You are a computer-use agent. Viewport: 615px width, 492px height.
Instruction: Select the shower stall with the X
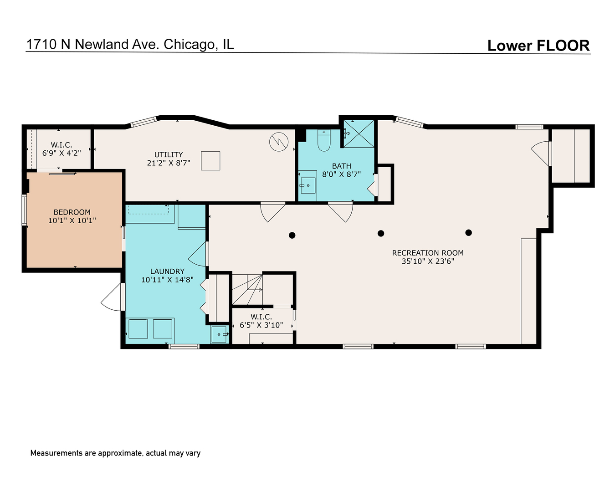[359, 134]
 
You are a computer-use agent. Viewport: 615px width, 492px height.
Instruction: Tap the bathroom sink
[308, 185]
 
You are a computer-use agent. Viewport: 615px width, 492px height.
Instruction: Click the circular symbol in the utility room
[279, 142]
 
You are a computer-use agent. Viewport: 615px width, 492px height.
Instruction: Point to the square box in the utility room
[210, 161]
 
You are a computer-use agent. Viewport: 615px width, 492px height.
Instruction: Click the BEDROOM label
[72, 212]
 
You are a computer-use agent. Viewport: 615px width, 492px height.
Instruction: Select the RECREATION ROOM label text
[428, 253]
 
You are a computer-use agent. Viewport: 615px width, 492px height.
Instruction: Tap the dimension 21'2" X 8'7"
[169, 163]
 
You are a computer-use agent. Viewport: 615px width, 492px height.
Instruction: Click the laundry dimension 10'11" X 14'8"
[168, 280]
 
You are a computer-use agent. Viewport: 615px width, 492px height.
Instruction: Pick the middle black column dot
[381, 234]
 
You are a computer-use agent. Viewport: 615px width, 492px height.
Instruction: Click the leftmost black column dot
[292, 235]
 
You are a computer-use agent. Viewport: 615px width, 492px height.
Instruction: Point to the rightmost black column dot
[468, 233]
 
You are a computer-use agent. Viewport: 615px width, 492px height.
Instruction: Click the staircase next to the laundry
[247, 290]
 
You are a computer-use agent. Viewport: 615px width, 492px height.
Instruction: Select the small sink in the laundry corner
[220, 334]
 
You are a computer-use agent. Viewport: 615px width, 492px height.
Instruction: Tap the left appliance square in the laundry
[138, 329]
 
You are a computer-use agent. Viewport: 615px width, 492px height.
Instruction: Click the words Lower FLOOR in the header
[538, 46]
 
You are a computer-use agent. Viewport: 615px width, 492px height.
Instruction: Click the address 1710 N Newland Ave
[92, 44]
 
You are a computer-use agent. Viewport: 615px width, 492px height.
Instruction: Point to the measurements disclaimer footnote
[115, 453]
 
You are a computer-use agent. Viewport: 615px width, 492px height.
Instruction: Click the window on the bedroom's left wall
[24, 210]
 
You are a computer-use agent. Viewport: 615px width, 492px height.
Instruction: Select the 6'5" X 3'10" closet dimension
[261, 325]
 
